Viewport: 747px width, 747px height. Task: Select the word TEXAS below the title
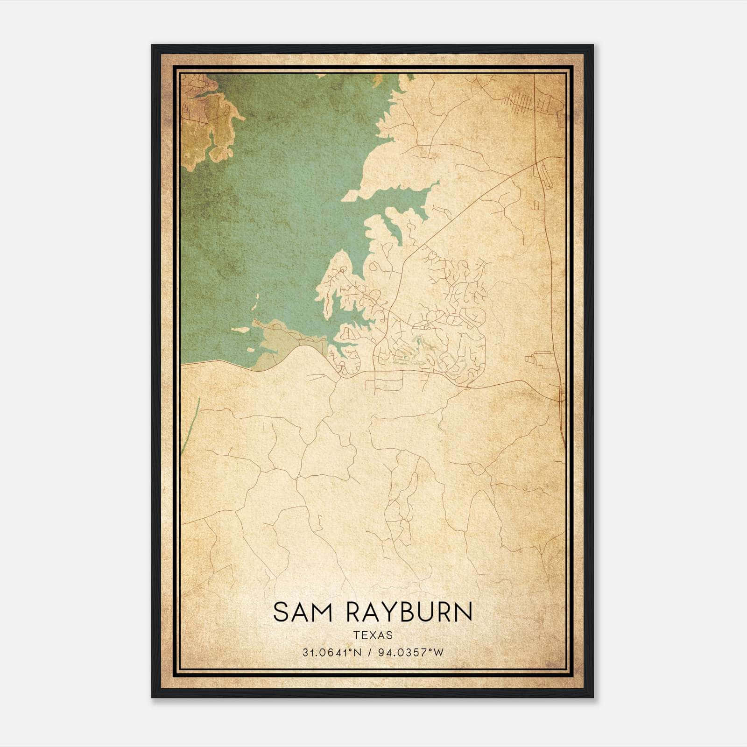click(x=373, y=635)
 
